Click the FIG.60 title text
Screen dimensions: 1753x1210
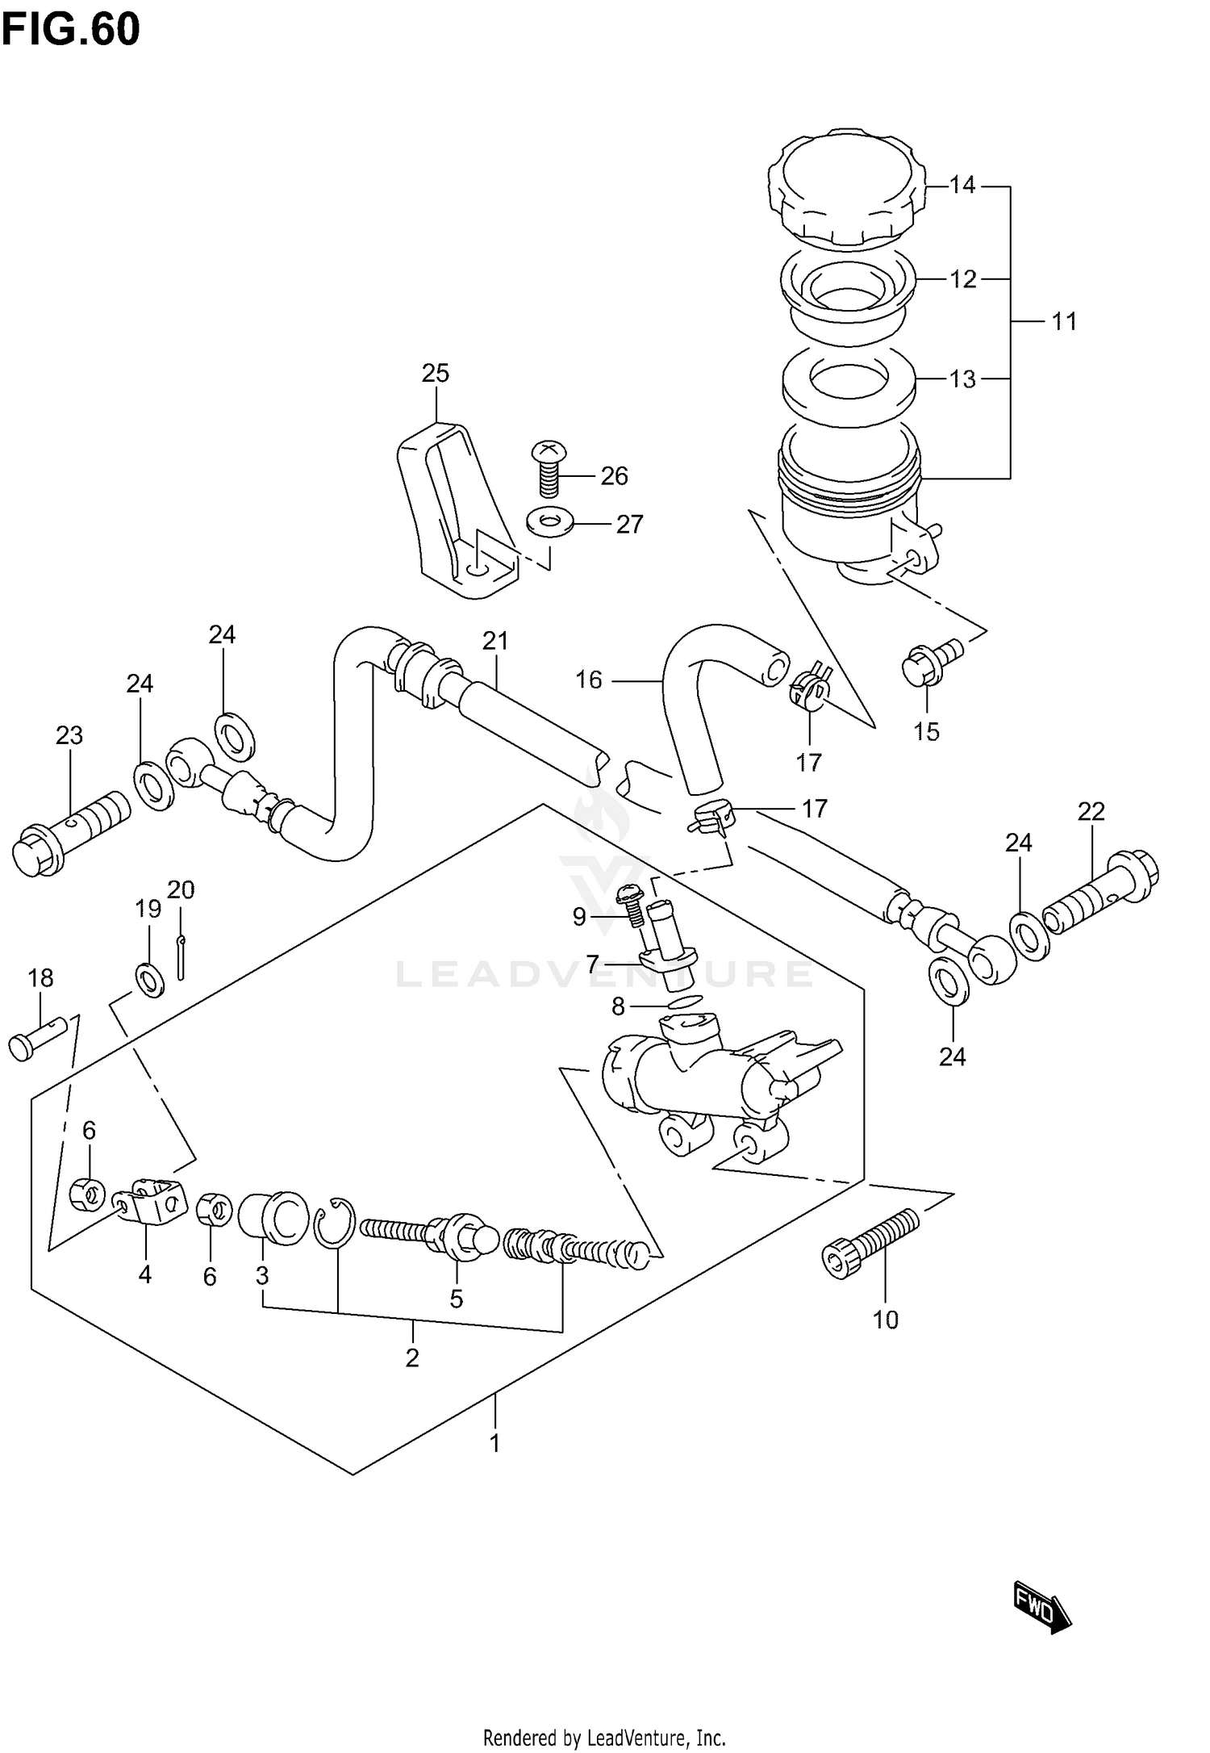point(70,30)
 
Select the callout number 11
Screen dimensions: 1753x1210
point(1063,321)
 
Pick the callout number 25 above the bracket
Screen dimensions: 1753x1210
point(435,373)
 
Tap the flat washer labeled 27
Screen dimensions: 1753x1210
point(549,522)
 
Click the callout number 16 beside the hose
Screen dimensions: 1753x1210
point(588,680)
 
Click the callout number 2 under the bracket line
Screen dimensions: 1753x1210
point(412,1358)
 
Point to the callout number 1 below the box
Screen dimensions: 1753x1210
point(495,1442)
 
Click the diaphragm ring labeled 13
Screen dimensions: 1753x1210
point(849,383)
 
